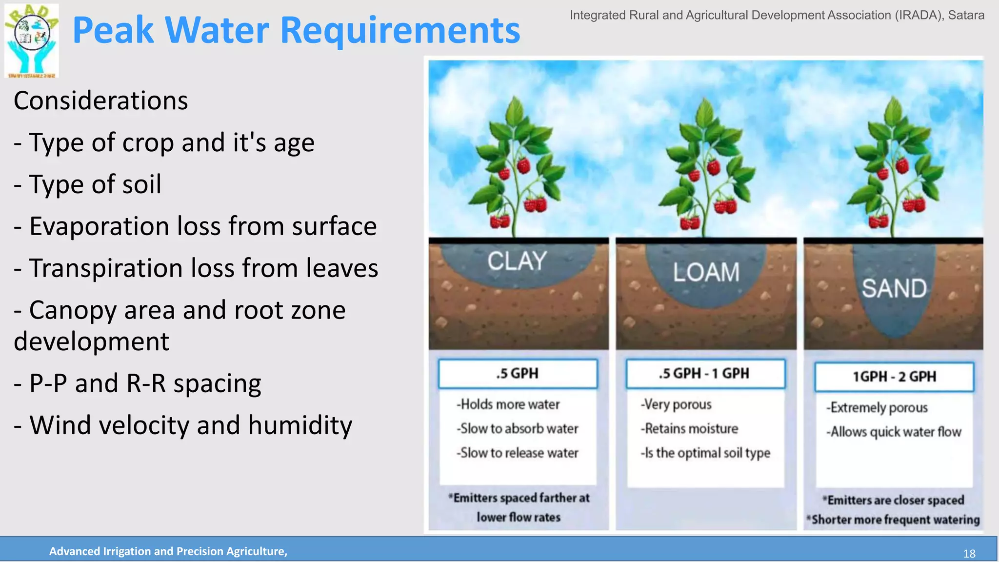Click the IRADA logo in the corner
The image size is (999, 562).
(x=32, y=41)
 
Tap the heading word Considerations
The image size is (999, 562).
(x=100, y=101)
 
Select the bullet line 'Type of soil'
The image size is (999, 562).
(x=88, y=184)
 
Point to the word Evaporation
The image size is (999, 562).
(x=98, y=226)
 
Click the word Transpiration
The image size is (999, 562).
(x=105, y=268)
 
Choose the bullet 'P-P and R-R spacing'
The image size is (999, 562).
(x=138, y=383)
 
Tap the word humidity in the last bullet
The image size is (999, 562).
(x=300, y=425)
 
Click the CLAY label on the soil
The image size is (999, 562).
(x=517, y=261)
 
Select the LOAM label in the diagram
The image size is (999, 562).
(x=706, y=272)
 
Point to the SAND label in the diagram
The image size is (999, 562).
(x=894, y=288)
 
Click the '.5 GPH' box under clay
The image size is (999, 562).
(x=518, y=374)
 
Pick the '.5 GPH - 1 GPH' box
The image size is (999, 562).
(x=705, y=374)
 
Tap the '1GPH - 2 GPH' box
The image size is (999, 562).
(x=894, y=377)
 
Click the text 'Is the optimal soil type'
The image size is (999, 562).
(x=705, y=453)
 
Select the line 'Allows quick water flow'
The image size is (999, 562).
(x=894, y=432)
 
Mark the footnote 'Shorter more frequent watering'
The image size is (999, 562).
(x=894, y=520)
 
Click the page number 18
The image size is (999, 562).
(x=969, y=554)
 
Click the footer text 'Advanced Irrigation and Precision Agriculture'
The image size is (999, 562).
(x=168, y=551)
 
